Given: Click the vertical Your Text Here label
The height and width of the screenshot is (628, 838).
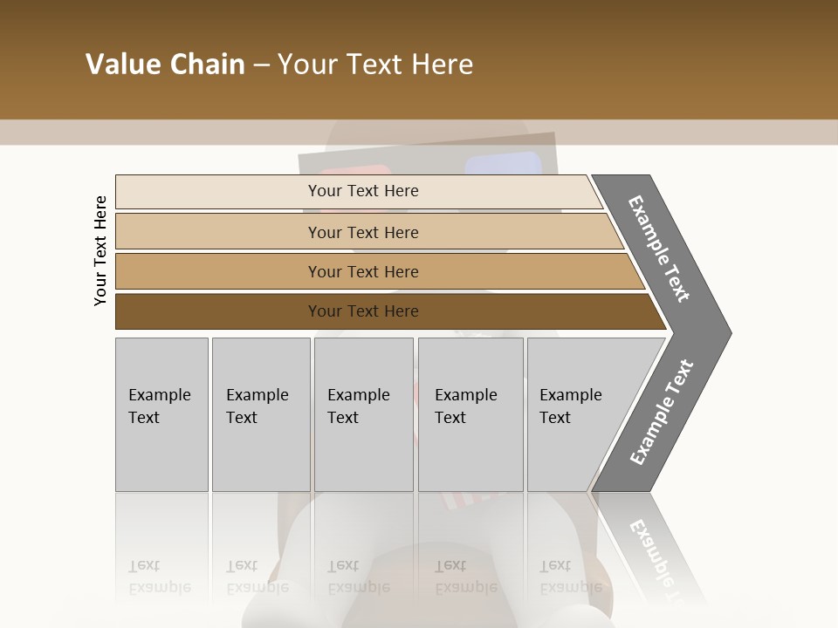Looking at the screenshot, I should point(100,250).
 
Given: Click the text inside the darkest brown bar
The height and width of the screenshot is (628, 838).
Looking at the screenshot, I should point(363,311).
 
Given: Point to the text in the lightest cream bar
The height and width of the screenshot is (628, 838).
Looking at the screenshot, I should point(363,191).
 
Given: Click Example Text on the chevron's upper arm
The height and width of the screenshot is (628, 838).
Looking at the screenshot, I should point(659,249).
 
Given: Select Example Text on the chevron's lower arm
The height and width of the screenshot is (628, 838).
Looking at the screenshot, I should point(661,413).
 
